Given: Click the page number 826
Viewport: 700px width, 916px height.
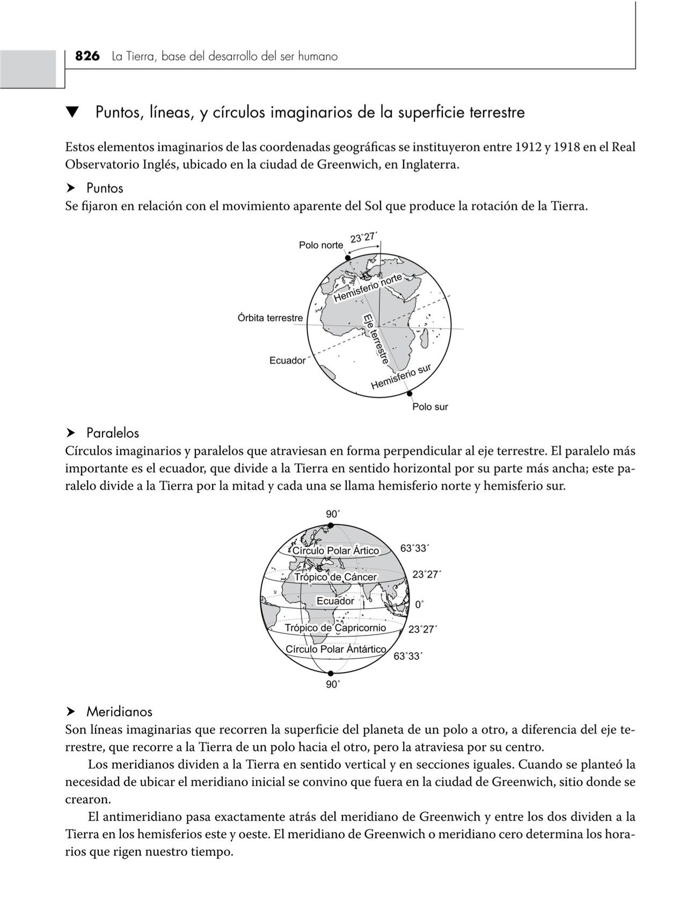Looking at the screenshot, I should pyautogui.click(x=87, y=56).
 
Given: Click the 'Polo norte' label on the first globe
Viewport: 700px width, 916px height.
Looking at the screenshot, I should pyautogui.click(x=320, y=245).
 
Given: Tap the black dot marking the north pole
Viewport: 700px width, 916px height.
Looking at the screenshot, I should pyautogui.click(x=348, y=258).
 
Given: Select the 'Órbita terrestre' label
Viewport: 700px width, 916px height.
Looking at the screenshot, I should pyautogui.click(x=270, y=318).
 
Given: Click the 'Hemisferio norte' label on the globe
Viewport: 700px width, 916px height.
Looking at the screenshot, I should pyautogui.click(x=368, y=288).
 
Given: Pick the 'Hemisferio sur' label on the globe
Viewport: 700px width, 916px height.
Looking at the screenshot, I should pyautogui.click(x=401, y=376).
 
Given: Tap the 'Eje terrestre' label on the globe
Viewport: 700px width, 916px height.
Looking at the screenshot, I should pyautogui.click(x=376, y=339).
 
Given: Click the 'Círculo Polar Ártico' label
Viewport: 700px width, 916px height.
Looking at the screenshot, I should pyautogui.click(x=336, y=551).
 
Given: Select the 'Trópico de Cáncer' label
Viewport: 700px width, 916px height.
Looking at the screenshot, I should pyautogui.click(x=336, y=577).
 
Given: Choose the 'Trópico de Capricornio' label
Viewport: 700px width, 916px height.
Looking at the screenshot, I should pyautogui.click(x=335, y=627).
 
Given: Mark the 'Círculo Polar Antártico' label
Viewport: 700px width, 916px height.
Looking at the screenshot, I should pyautogui.click(x=336, y=649).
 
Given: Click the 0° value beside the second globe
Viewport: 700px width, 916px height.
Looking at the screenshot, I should pyautogui.click(x=419, y=604).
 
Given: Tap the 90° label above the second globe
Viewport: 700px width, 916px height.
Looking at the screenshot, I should pyautogui.click(x=333, y=514).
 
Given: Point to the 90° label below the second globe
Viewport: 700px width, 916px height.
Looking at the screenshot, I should pyautogui.click(x=333, y=684).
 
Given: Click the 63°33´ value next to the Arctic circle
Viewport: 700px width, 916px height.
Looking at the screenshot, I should pyautogui.click(x=414, y=548).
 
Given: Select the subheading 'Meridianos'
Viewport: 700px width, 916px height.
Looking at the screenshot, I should pyautogui.click(x=119, y=712).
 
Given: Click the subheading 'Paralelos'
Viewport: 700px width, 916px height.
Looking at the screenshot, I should pyautogui.click(x=112, y=433).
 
